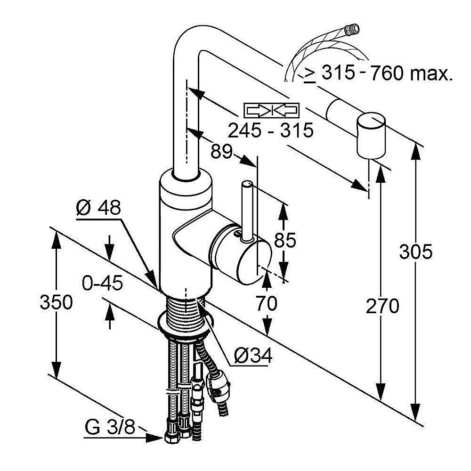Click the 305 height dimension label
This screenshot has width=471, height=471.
(415, 252)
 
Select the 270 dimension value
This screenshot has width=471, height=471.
(382, 307)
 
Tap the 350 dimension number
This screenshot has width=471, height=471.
(56, 302)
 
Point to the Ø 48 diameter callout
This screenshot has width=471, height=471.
(98, 207)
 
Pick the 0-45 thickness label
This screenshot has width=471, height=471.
(102, 284)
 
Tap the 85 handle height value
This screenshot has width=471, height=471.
(284, 240)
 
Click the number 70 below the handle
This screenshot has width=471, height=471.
(266, 304)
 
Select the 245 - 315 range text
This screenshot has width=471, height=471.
(270, 130)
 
